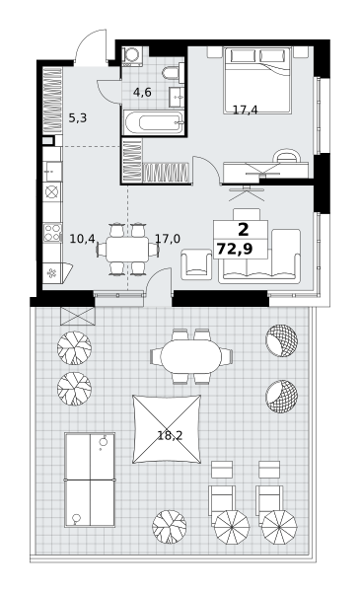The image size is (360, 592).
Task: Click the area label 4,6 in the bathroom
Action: click(142, 92)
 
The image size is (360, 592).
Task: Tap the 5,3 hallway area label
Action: click(78, 118)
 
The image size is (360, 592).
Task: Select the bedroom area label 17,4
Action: click(246, 110)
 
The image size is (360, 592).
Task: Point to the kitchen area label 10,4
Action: click(83, 239)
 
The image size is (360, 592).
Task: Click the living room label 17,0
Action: click(168, 239)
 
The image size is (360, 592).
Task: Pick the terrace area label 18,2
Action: click(170, 436)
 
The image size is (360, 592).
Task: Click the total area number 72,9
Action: click(235, 249)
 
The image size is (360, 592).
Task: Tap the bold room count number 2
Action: click(244, 229)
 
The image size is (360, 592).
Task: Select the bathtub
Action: click(154, 122)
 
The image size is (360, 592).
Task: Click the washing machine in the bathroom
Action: click(132, 55)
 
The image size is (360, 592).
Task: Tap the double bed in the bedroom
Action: click(257, 80)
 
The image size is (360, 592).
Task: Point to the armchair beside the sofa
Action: click(196, 264)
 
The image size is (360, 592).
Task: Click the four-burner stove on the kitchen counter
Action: click(52, 233)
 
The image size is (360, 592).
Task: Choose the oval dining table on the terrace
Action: click(191, 356)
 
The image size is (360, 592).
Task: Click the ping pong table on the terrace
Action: click(90, 480)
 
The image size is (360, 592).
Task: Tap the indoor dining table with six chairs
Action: click(127, 249)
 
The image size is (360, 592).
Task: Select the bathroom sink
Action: click(177, 97)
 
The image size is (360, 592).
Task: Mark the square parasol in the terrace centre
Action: click(167, 429)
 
